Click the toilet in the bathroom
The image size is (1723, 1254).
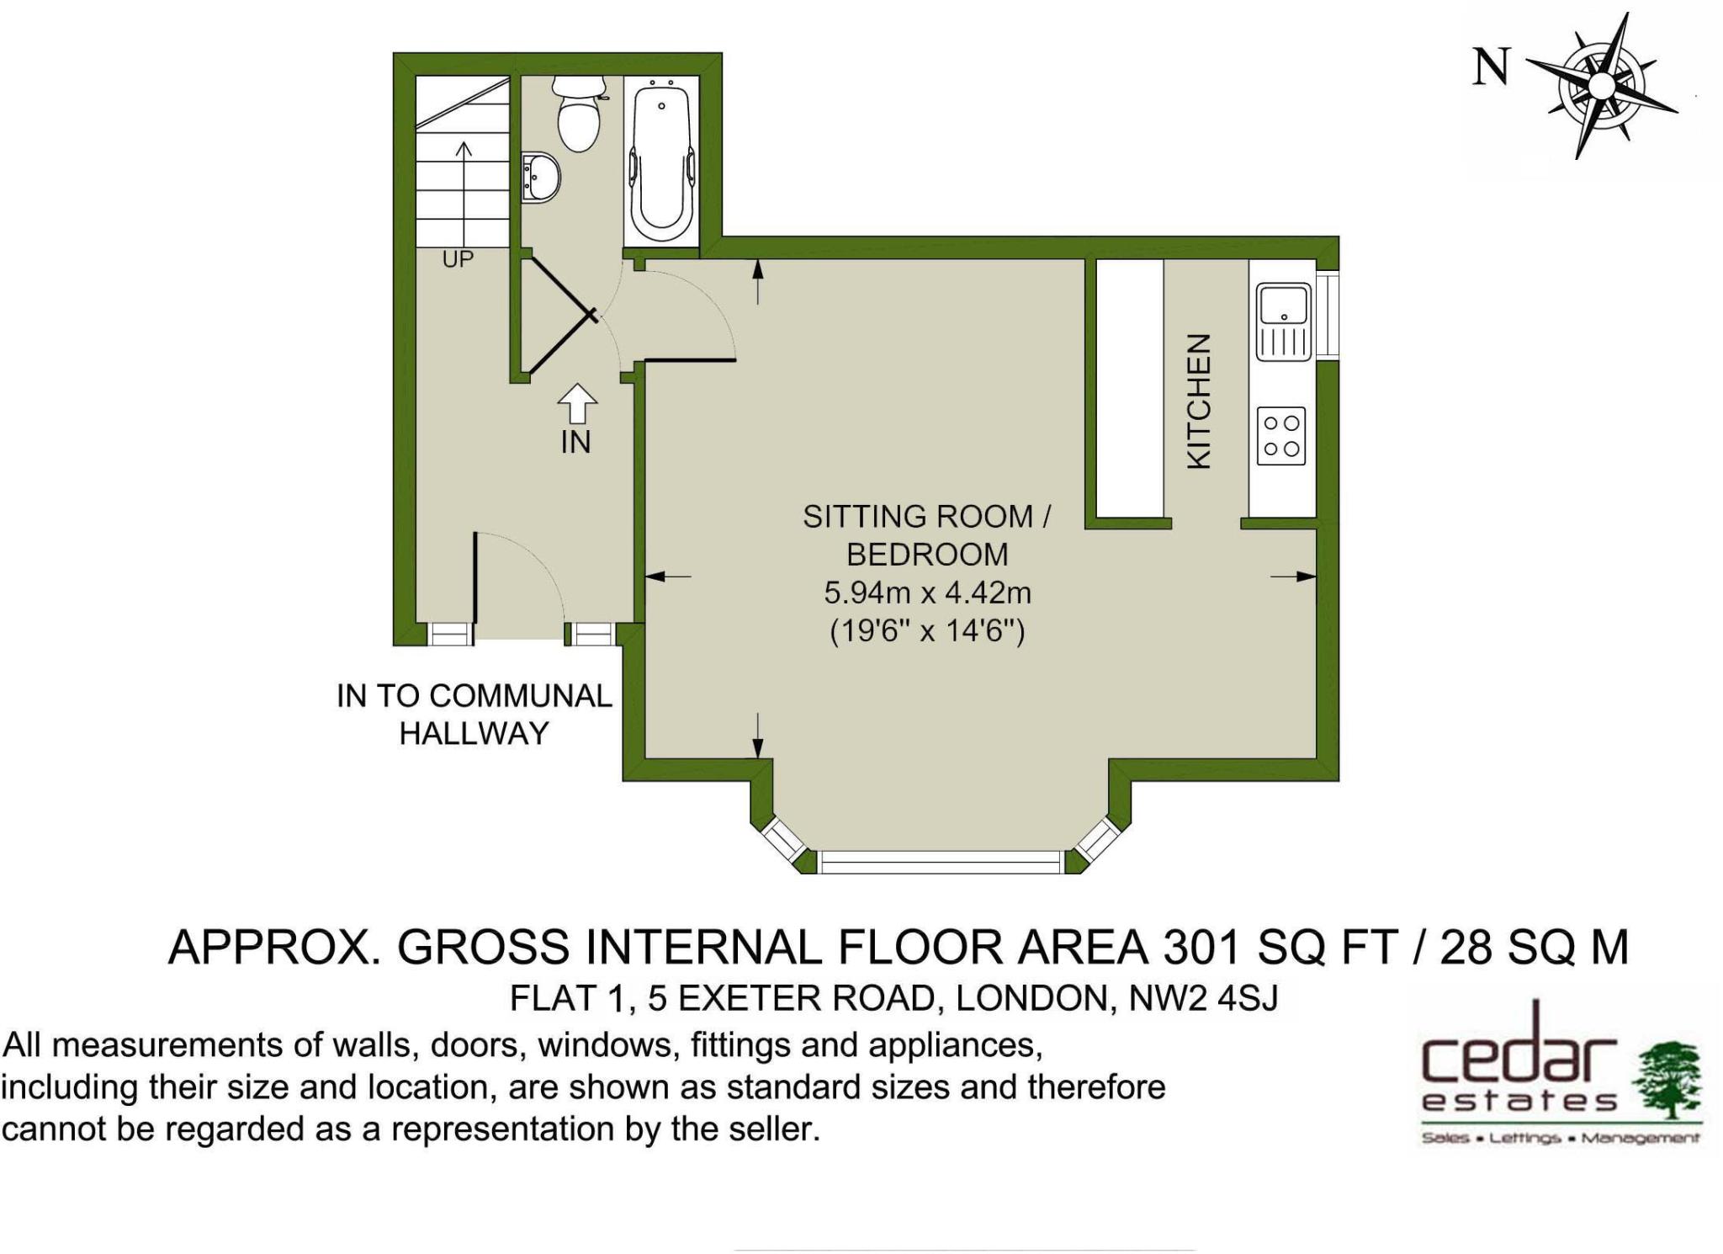click(x=578, y=114)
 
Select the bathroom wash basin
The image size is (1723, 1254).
click(x=539, y=178)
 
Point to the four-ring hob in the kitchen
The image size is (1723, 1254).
click(x=1281, y=436)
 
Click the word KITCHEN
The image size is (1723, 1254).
click(x=1198, y=401)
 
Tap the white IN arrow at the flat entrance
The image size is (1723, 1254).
click(x=577, y=404)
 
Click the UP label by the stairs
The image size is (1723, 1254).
click(x=458, y=259)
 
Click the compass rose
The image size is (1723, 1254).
click(x=1600, y=86)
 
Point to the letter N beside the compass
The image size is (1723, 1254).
click(x=1491, y=66)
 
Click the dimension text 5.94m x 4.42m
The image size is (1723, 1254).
click(x=927, y=592)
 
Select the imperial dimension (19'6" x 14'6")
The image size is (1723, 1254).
click(x=927, y=630)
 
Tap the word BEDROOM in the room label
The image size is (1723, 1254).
click(x=927, y=555)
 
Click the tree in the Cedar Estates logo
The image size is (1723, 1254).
click(x=1667, y=1080)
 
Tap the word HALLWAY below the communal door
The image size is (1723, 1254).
click(x=474, y=733)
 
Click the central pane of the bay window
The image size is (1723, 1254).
click(x=941, y=863)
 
